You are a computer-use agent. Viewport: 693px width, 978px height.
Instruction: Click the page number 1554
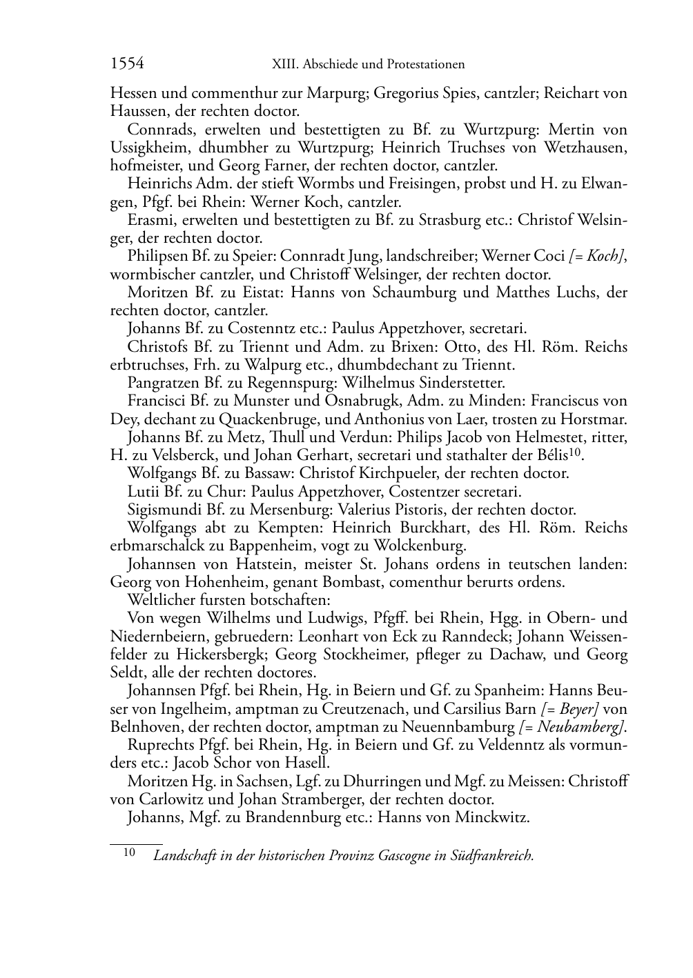(x=127, y=64)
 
